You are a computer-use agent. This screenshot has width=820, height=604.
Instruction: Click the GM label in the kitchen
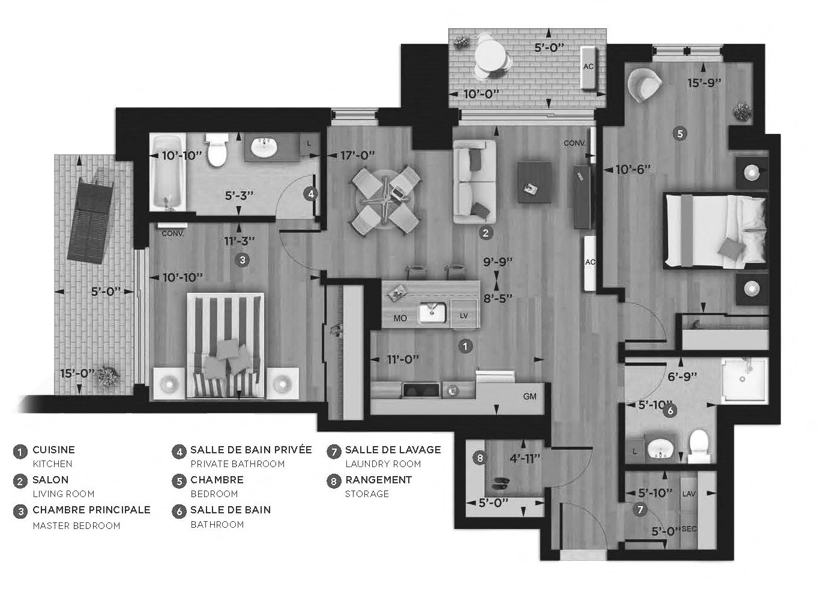pyautogui.click(x=530, y=396)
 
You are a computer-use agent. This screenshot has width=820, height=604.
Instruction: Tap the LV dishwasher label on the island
pyautogui.click(x=463, y=316)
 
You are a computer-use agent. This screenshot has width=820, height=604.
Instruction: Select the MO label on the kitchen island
pyautogui.click(x=400, y=318)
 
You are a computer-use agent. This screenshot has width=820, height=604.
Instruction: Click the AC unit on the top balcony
pyautogui.click(x=589, y=67)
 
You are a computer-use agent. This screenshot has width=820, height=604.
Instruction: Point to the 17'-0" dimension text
pyautogui.click(x=357, y=155)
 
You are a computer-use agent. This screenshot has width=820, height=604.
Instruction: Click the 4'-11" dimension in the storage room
pyautogui.click(x=525, y=459)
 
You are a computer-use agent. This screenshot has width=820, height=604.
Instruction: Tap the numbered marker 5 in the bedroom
pyautogui.click(x=680, y=134)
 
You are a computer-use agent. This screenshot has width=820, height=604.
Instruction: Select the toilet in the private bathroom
pyautogui.click(x=217, y=149)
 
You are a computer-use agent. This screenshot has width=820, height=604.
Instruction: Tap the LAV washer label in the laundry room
pyautogui.click(x=689, y=494)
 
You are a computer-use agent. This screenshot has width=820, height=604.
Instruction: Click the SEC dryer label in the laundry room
pyautogui.click(x=689, y=529)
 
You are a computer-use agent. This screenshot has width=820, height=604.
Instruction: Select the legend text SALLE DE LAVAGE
pyautogui.click(x=393, y=450)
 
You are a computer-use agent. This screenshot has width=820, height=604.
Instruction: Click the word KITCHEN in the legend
pyautogui.click(x=52, y=464)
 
